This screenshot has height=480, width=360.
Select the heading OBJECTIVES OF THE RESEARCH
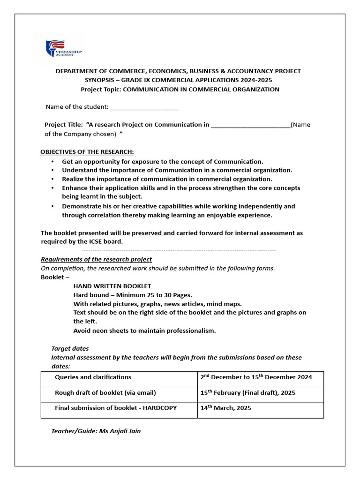click(x=87, y=152)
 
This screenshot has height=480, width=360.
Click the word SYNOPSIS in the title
click(x=98, y=80)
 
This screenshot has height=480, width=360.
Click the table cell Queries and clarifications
click(x=93, y=377)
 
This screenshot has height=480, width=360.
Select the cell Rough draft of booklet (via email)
click(x=105, y=393)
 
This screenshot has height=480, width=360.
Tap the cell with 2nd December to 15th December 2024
click(x=256, y=377)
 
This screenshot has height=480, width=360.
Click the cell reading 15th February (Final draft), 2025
click(x=247, y=393)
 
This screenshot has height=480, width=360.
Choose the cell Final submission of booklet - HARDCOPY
click(x=116, y=408)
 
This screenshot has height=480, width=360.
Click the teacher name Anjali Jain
click(x=124, y=431)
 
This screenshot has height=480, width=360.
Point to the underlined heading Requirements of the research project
click(x=96, y=259)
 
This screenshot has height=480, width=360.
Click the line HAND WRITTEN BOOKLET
click(x=112, y=286)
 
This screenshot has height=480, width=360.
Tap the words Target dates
click(x=70, y=349)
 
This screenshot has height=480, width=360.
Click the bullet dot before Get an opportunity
click(x=52, y=161)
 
